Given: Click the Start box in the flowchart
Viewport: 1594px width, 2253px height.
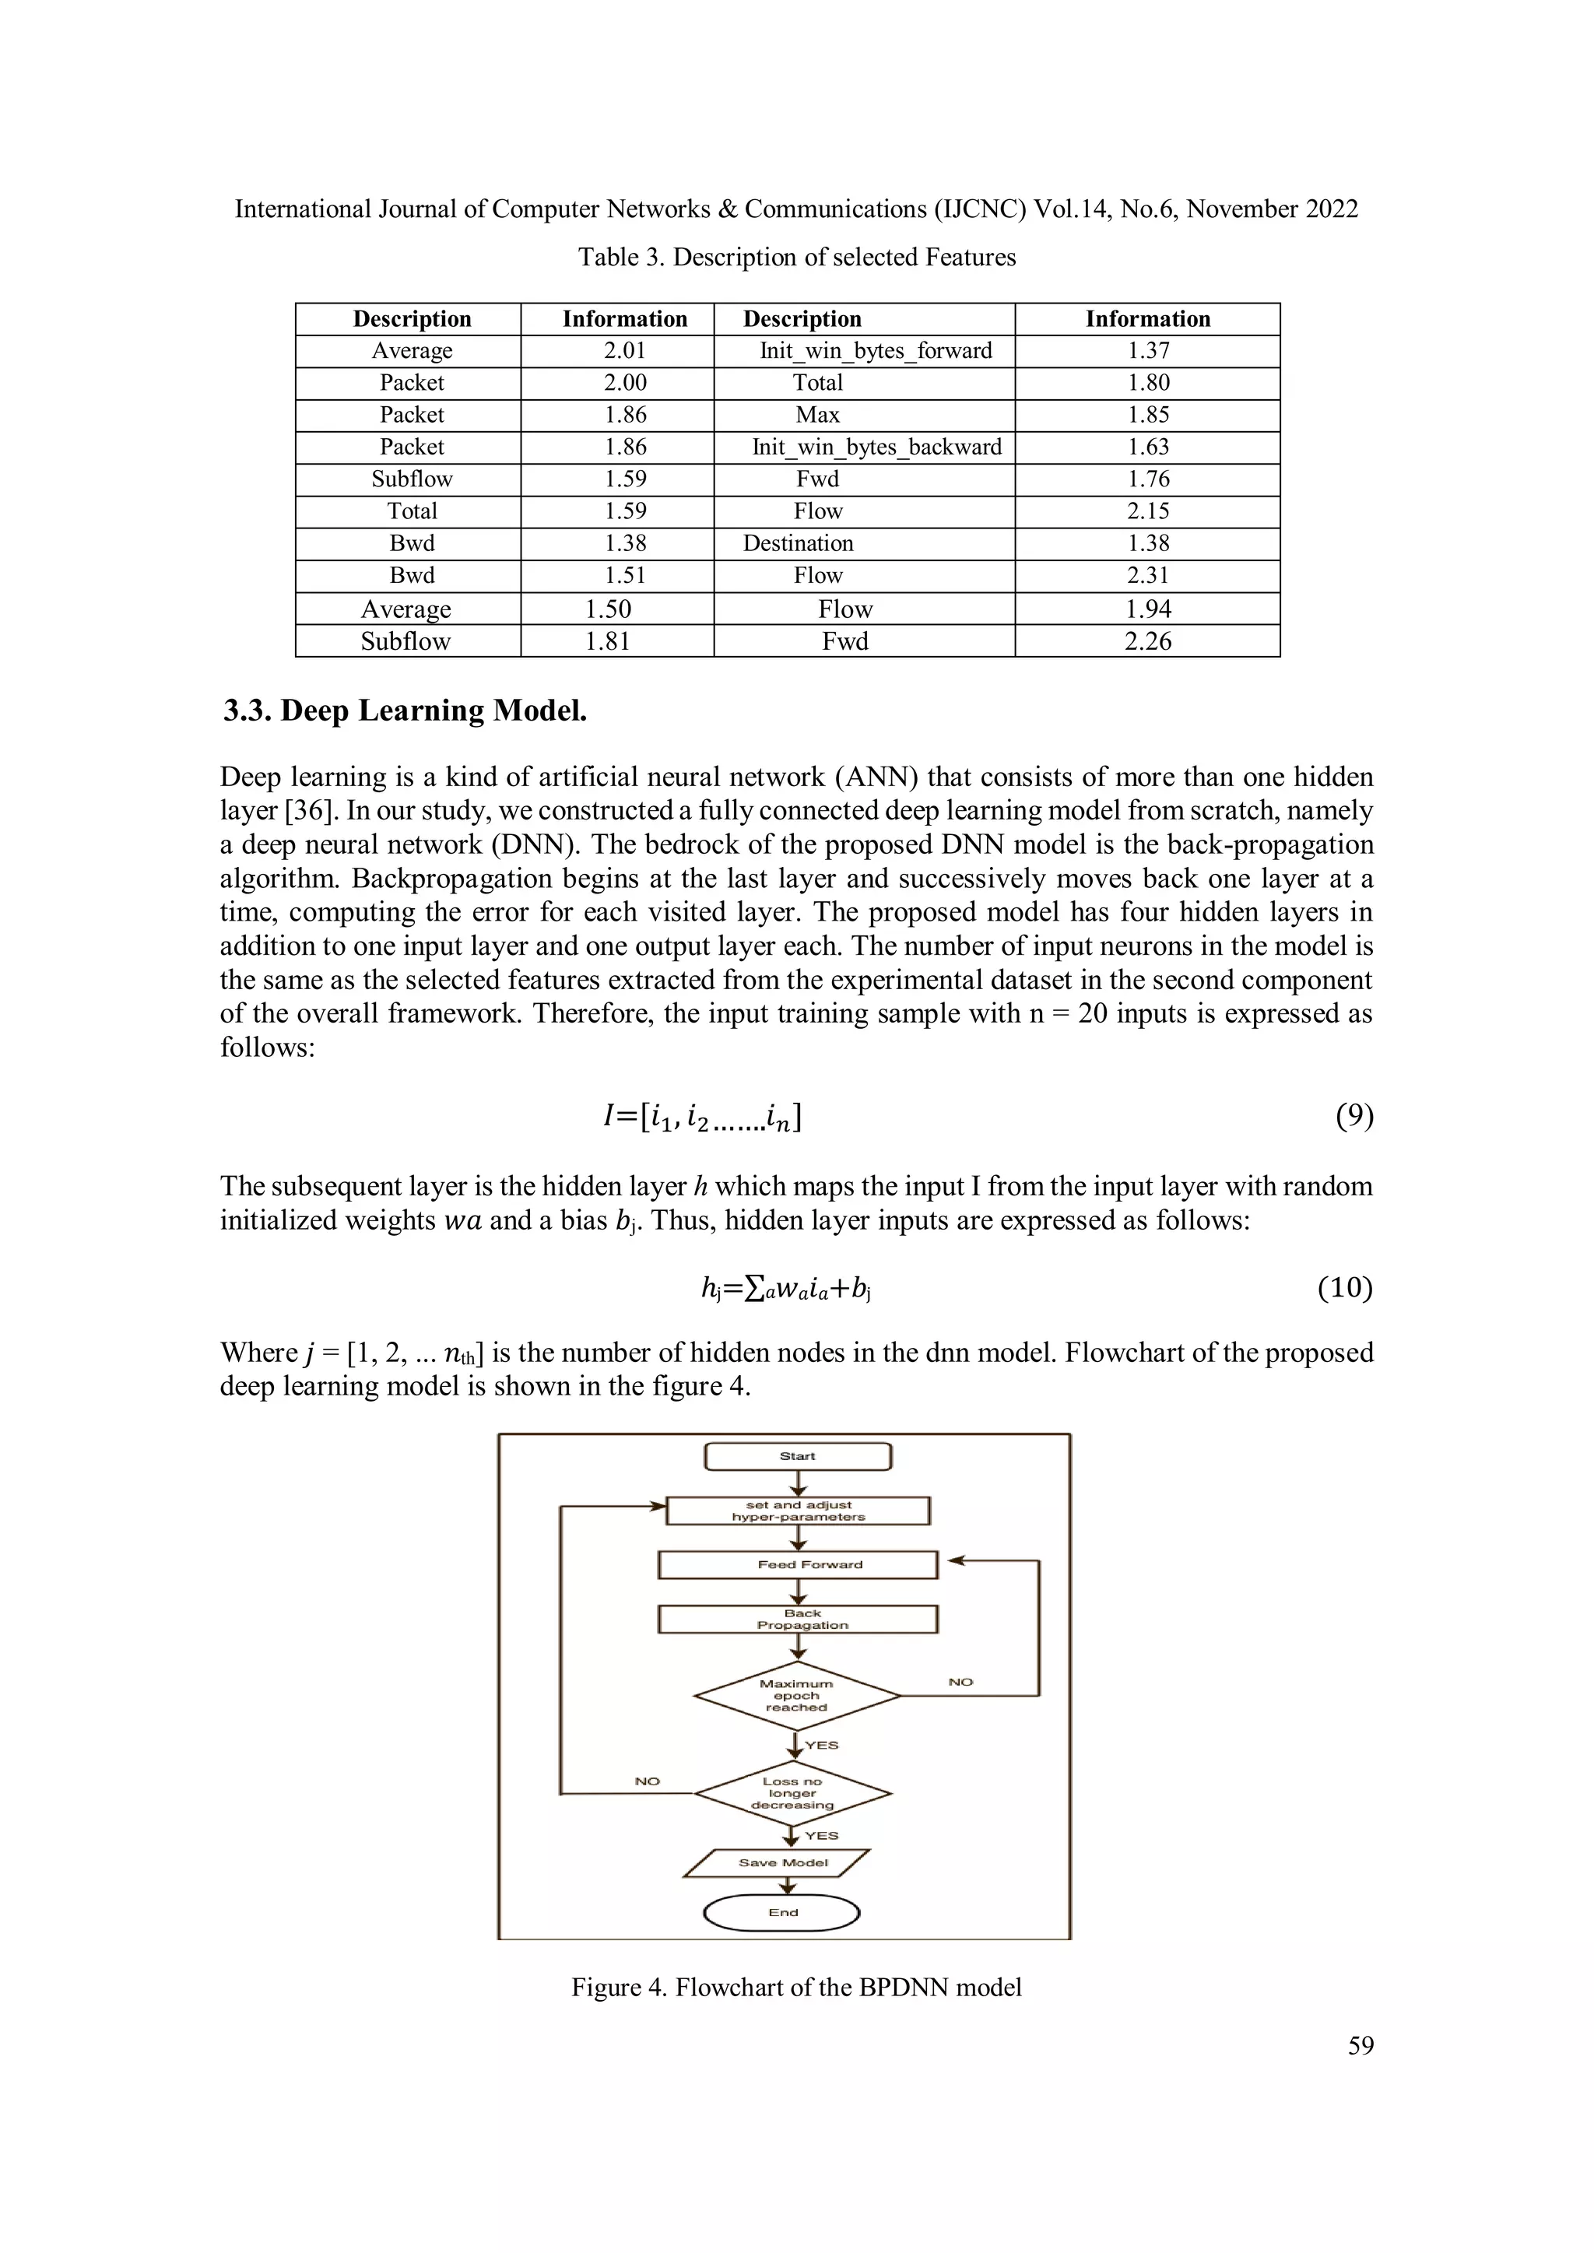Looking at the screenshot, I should tap(797, 1456).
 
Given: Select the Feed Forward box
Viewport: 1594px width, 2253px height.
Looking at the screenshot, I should tap(797, 1564).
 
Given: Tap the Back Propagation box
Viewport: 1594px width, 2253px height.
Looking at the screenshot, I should tap(797, 1619).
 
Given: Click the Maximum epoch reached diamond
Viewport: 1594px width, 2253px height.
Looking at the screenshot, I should tap(796, 1695).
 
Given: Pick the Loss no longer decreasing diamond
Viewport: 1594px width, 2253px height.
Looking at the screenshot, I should tap(792, 1793).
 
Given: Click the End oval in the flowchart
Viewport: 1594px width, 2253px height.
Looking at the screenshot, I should tap(782, 1911).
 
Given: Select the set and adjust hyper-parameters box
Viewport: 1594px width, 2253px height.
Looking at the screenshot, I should tap(797, 1511).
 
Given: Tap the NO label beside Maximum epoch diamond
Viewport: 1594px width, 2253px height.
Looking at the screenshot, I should tap(960, 1682).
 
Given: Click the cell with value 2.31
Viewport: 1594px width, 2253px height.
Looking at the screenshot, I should tap(1146, 576).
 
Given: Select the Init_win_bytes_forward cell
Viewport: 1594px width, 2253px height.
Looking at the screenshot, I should tap(875, 351).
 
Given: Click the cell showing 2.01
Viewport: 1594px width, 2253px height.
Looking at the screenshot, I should tap(624, 351).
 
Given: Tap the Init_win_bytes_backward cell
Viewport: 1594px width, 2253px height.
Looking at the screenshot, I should tap(876, 447).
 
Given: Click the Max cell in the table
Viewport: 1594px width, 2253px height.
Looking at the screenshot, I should tap(816, 415).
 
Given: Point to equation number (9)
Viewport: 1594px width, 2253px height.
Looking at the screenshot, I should tap(1353, 1116).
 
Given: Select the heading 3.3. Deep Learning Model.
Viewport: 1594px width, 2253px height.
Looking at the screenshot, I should tap(405, 711).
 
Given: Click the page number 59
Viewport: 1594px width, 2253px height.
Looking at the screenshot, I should tap(1360, 2046).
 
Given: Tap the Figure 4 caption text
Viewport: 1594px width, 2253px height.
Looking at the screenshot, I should tap(796, 1987).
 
